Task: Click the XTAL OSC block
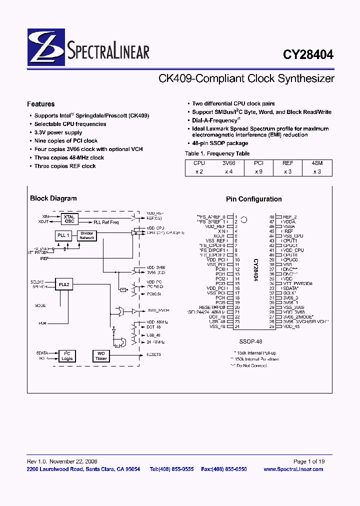tap(69, 219)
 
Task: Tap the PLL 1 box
tap(63, 235)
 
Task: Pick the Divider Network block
tap(87, 235)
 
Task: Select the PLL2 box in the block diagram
tap(63, 284)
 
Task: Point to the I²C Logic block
tap(67, 355)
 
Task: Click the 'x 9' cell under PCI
tap(258, 171)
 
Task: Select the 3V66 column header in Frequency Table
tap(229, 162)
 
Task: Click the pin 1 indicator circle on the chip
tap(244, 219)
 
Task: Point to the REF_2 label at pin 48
tap(289, 217)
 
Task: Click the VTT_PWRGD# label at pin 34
tap(298, 283)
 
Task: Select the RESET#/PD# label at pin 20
tap(213, 307)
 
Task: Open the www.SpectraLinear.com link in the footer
tap(293, 469)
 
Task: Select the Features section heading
tap(40, 104)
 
